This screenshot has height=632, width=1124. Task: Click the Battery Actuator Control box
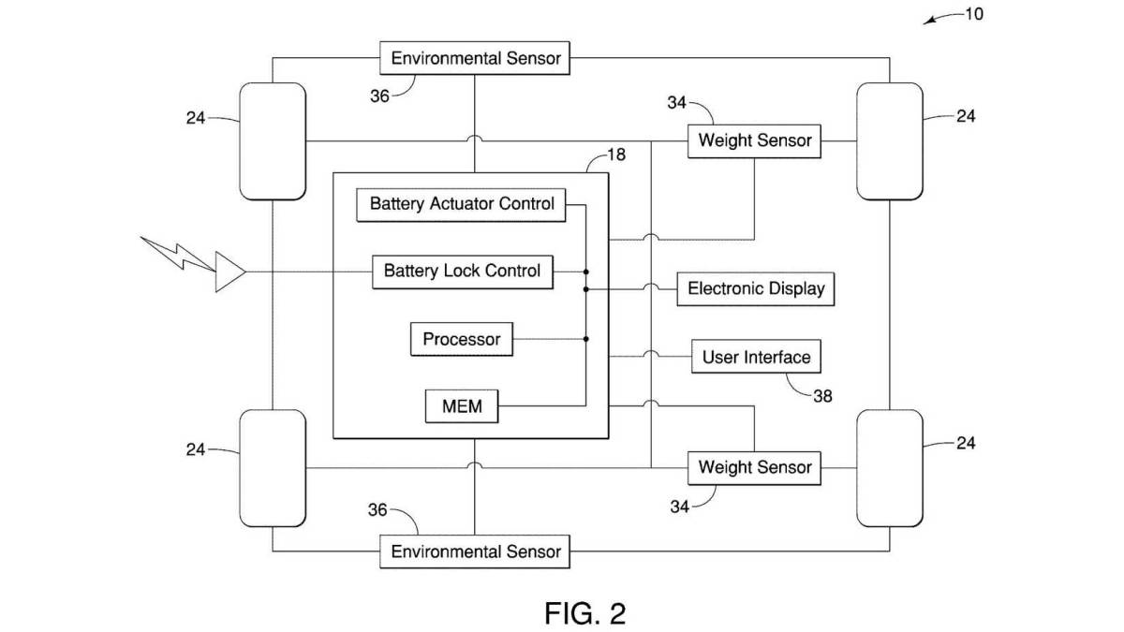pyautogui.click(x=462, y=204)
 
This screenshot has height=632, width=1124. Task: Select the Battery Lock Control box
pyautogui.click(x=462, y=272)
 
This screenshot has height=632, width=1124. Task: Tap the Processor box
pyautogui.click(x=462, y=339)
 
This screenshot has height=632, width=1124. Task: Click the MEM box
pyautogui.click(x=462, y=407)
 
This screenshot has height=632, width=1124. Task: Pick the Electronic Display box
pyautogui.click(x=756, y=288)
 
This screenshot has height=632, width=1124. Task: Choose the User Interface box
pyautogui.click(x=756, y=357)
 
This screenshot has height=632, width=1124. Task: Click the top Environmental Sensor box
pyautogui.click(x=476, y=58)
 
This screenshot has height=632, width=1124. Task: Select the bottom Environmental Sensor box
pyautogui.click(x=476, y=551)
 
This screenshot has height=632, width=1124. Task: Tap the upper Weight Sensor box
pyautogui.click(x=755, y=141)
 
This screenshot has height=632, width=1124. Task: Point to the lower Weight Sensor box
pyautogui.click(x=755, y=466)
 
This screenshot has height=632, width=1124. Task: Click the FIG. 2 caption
pyautogui.click(x=584, y=613)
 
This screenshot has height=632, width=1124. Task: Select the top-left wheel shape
pyautogui.click(x=273, y=141)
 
